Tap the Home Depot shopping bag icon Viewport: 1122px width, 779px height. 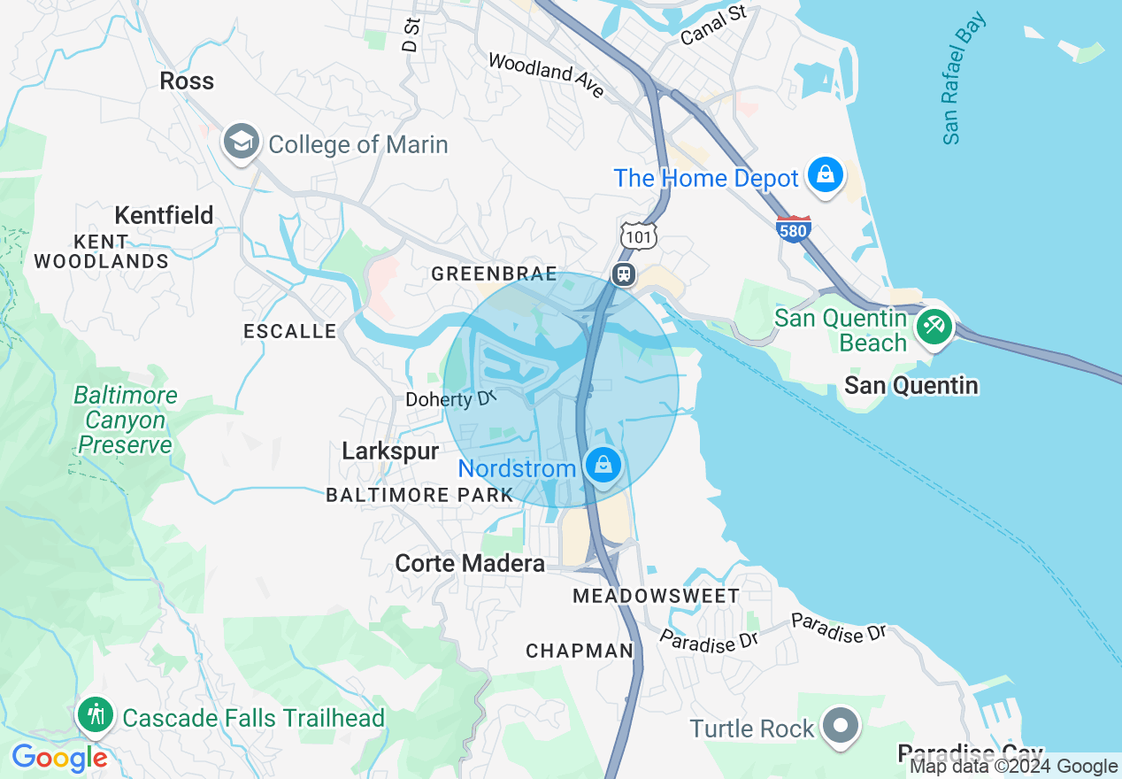(825, 177)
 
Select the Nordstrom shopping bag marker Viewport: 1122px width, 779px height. (603, 466)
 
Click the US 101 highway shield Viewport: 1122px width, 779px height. (638, 235)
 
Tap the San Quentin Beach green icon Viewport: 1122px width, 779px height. (933, 327)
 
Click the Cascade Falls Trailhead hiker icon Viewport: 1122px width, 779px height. (95, 715)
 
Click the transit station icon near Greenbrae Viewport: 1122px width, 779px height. (624, 274)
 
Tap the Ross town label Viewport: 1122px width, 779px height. (187, 81)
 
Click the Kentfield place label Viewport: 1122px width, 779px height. (164, 215)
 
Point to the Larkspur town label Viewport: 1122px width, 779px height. (390, 451)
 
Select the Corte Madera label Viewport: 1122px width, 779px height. (470, 563)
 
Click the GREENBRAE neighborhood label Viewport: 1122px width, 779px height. (494, 274)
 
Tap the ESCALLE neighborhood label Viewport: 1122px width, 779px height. (289, 332)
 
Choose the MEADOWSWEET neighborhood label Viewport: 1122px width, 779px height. (656, 596)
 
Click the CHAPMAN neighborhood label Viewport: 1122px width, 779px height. (580, 652)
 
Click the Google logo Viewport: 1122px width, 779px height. (59, 758)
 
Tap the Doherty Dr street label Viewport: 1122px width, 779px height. (447, 400)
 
